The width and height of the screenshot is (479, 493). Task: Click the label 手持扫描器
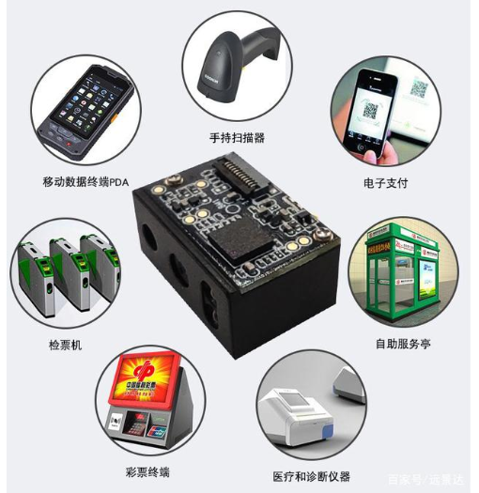(x=239, y=138)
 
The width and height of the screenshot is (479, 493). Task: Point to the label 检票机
(x=65, y=345)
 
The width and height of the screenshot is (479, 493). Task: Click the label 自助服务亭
(x=403, y=344)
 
